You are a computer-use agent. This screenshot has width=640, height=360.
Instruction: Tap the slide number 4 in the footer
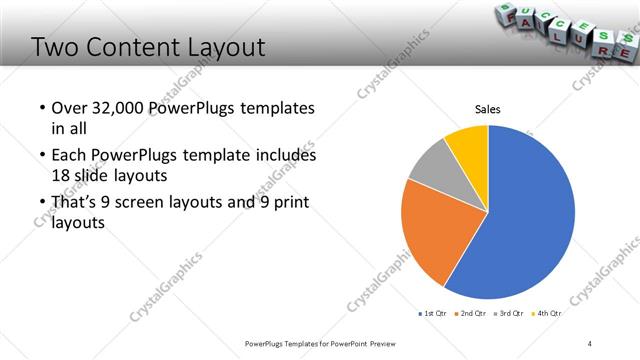tap(590, 343)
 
